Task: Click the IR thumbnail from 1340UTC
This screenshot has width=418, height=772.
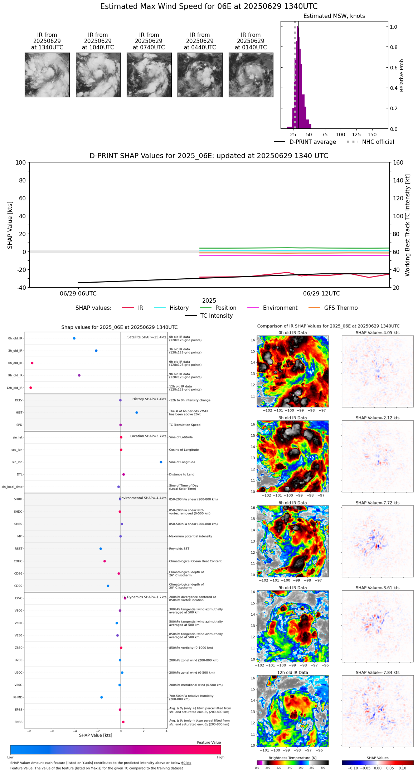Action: tap(47, 75)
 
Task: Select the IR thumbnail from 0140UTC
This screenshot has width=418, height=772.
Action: tap(251, 75)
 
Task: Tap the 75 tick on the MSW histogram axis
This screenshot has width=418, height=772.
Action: tap(325, 135)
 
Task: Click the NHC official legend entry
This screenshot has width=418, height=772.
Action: tap(378, 142)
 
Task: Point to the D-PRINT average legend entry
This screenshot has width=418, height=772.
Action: tap(312, 142)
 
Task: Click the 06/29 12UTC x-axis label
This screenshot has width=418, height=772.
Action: tap(321, 294)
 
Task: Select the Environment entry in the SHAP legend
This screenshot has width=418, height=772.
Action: tap(280, 308)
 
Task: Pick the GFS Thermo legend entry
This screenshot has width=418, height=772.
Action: tap(341, 308)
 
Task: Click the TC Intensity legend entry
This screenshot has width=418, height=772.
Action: tap(216, 316)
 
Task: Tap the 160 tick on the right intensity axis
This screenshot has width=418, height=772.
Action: tap(398, 163)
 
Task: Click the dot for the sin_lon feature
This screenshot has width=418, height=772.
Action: tap(161, 462)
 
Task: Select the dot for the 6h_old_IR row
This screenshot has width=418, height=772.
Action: tap(32, 363)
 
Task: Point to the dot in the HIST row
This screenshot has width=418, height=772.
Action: tap(137, 412)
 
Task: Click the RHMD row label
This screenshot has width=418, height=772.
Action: tap(18, 697)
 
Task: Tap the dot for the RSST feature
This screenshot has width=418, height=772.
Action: tap(101, 549)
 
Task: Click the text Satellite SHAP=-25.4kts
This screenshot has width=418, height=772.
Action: tap(147, 337)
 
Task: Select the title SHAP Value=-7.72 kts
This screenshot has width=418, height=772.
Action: tap(378, 503)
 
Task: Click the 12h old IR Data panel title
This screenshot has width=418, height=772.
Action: tap(292, 673)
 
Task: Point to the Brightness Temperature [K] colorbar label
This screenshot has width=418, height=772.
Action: tap(292, 758)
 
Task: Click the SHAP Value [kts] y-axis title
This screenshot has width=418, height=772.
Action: tap(10, 225)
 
